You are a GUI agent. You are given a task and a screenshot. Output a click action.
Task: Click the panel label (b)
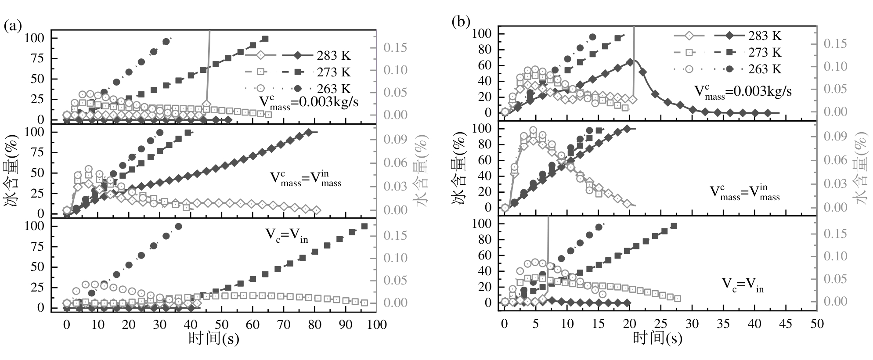point(461,22)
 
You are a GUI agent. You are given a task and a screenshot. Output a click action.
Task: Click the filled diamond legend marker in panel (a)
point(297,55)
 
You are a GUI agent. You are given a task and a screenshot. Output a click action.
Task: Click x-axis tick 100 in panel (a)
point(376,325)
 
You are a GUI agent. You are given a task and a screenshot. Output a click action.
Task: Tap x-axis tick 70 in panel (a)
point(284,325)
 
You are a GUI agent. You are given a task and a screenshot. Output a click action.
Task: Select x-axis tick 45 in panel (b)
point(786,324)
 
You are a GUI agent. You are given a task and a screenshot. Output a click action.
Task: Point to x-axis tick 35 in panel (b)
point(723,324)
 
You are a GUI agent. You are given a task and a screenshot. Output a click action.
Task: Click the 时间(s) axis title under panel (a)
point(214,338)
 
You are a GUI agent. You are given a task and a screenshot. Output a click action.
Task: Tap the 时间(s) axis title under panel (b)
point(657,338)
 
